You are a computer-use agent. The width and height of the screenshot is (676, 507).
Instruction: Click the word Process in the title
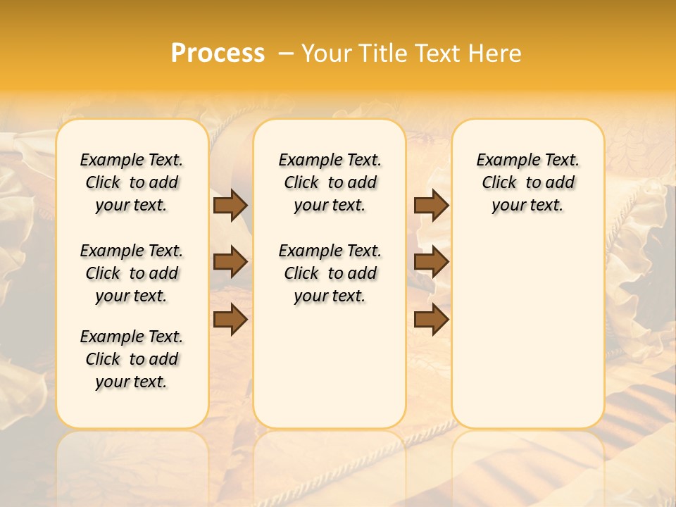(218, 54)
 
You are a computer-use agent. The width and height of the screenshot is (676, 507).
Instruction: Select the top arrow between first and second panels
(230, 205)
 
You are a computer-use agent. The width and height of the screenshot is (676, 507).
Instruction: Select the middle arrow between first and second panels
(230, 263)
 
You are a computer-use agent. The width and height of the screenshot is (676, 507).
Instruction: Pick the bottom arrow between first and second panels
(230, 320)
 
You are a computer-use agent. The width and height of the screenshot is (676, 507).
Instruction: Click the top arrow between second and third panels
(432, 205)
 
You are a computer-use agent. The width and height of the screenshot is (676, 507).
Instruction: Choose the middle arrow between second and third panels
(432, 263)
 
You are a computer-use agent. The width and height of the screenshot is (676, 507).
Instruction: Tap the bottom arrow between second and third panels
(432, 320)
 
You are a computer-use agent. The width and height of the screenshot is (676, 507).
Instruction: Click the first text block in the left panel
(132, 182)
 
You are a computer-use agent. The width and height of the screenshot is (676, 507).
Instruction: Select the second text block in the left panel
(132, 273)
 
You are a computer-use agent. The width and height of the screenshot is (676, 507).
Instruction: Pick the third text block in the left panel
(132, 359)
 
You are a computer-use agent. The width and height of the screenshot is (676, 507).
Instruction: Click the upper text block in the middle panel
(330, 182)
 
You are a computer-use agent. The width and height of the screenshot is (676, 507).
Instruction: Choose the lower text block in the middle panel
(330, 273)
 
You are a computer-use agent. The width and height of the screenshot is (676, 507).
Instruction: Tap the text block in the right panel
(528, 182)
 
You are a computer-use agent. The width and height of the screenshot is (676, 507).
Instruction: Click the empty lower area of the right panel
(528, 331)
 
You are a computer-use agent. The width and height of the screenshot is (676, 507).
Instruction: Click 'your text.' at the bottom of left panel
(132, 382)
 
